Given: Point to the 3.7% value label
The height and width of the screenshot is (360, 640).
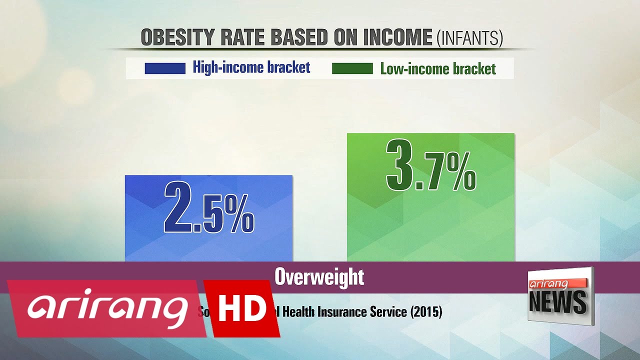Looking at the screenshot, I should pos(430,166).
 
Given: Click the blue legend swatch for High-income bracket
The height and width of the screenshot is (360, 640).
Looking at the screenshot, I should pos(164,68).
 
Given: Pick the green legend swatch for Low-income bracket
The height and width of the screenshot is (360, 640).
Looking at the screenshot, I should pos(352,68).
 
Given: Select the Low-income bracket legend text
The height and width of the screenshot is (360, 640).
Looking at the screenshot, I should pos(438,68).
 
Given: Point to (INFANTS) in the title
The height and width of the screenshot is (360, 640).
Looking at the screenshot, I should pos(469,38).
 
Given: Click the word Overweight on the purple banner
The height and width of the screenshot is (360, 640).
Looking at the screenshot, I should pos(319,277).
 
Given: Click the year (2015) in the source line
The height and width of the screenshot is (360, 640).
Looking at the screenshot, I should pos(426,312).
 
